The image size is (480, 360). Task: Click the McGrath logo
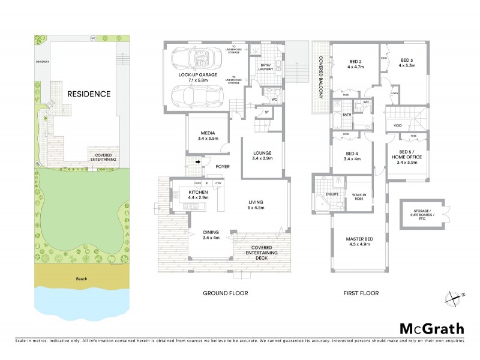432,328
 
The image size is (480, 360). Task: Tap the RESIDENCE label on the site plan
88,94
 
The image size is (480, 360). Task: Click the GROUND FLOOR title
224,293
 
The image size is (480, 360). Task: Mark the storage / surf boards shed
423,213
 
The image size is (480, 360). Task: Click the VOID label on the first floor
398,125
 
